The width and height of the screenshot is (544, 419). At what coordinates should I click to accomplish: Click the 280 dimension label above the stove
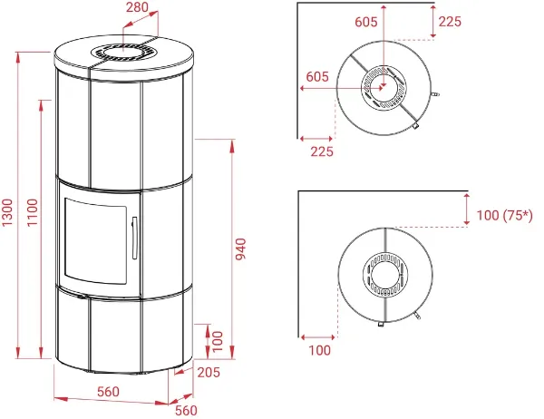pyautogui.click(x=138, y=7)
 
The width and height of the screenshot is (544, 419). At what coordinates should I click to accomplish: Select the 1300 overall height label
pyautogui.click(x=7, y=212)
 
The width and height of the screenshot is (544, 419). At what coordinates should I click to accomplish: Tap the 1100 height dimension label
pyautogui.click(x=33, y=212)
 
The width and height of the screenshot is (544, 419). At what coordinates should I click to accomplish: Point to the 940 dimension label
pyautogui.click(x=240, y=248)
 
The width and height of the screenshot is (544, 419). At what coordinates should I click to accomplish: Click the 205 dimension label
pyautogui.click(x=209, y=372)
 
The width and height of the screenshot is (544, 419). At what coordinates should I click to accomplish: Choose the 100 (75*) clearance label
pyautogui.click(x=504, y=215)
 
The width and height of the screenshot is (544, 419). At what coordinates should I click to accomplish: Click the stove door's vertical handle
pyautogui.click(x=134, y=238)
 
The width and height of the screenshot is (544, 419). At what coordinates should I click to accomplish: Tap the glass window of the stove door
pyautogui.click(x=96, y=241)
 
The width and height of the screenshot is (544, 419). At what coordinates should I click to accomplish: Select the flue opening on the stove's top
pyautogui.click(x=124, y=53)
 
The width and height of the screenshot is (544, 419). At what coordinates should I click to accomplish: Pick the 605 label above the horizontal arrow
pyautogui.click(x=317, y=76)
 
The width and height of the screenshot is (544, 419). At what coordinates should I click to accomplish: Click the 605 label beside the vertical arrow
pyautogui.click(x=366, y=22)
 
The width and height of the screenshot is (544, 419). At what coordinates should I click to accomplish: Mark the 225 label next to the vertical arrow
pyautogui.click(x=450, y=22)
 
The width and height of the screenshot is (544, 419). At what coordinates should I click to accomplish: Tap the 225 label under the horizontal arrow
pyautogui.click(x=322, y=151)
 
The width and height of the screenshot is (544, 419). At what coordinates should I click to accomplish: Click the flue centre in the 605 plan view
pyautogui.click(x=384, y=87)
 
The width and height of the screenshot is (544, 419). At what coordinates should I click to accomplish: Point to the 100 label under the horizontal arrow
pyautogui.click(x=319, y=350)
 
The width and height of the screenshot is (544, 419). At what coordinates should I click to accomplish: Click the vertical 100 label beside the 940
pyautogui.click(x=218, y=342)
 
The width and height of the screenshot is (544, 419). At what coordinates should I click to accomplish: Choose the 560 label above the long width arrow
pyautogui.click(x=108, y=392)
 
